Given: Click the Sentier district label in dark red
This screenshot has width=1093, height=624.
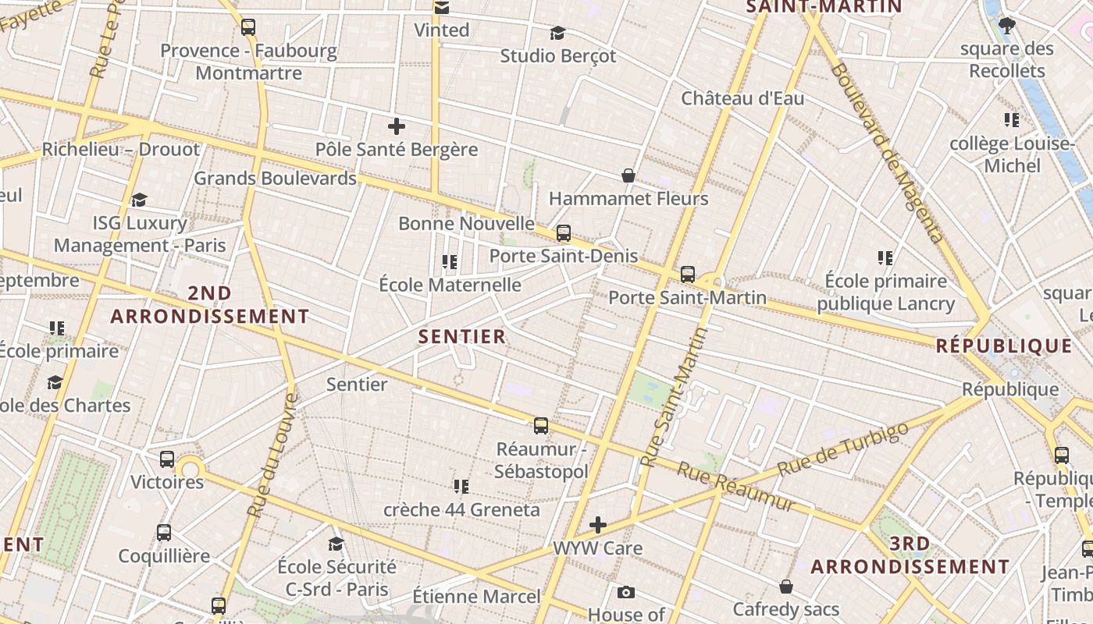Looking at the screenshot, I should click(462, 337).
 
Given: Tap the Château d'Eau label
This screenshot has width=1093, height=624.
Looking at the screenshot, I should click(742, 99).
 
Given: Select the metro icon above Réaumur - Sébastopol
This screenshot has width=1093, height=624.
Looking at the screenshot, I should click(541, 426).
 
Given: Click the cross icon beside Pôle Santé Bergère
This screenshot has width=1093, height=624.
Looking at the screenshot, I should click(397, 126).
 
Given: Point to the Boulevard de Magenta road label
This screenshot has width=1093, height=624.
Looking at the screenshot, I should click(888, 152).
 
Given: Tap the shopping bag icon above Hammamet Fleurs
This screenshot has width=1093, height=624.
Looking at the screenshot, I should click(628, 175).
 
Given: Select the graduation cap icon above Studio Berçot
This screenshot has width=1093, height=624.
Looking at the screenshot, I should click(557, 33).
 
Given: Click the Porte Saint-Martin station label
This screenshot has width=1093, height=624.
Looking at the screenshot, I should click(687, 298).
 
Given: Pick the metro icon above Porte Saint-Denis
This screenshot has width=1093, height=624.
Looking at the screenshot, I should click(563, 233).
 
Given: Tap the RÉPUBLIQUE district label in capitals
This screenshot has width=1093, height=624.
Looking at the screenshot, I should click(1004, 346).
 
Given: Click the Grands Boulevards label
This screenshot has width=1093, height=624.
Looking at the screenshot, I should click(275, 178).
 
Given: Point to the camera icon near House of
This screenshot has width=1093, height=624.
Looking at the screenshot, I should click(625, 593).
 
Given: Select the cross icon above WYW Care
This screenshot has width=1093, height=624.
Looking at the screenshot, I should click(598, 525).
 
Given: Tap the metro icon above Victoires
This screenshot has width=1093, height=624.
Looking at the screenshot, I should click(167, 459).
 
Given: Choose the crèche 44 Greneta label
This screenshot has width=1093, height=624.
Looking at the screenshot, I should click(461, 510).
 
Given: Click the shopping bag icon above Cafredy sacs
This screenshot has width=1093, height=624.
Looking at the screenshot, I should click(786, 587).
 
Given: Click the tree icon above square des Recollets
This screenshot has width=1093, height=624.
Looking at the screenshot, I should click(1007, 26).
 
